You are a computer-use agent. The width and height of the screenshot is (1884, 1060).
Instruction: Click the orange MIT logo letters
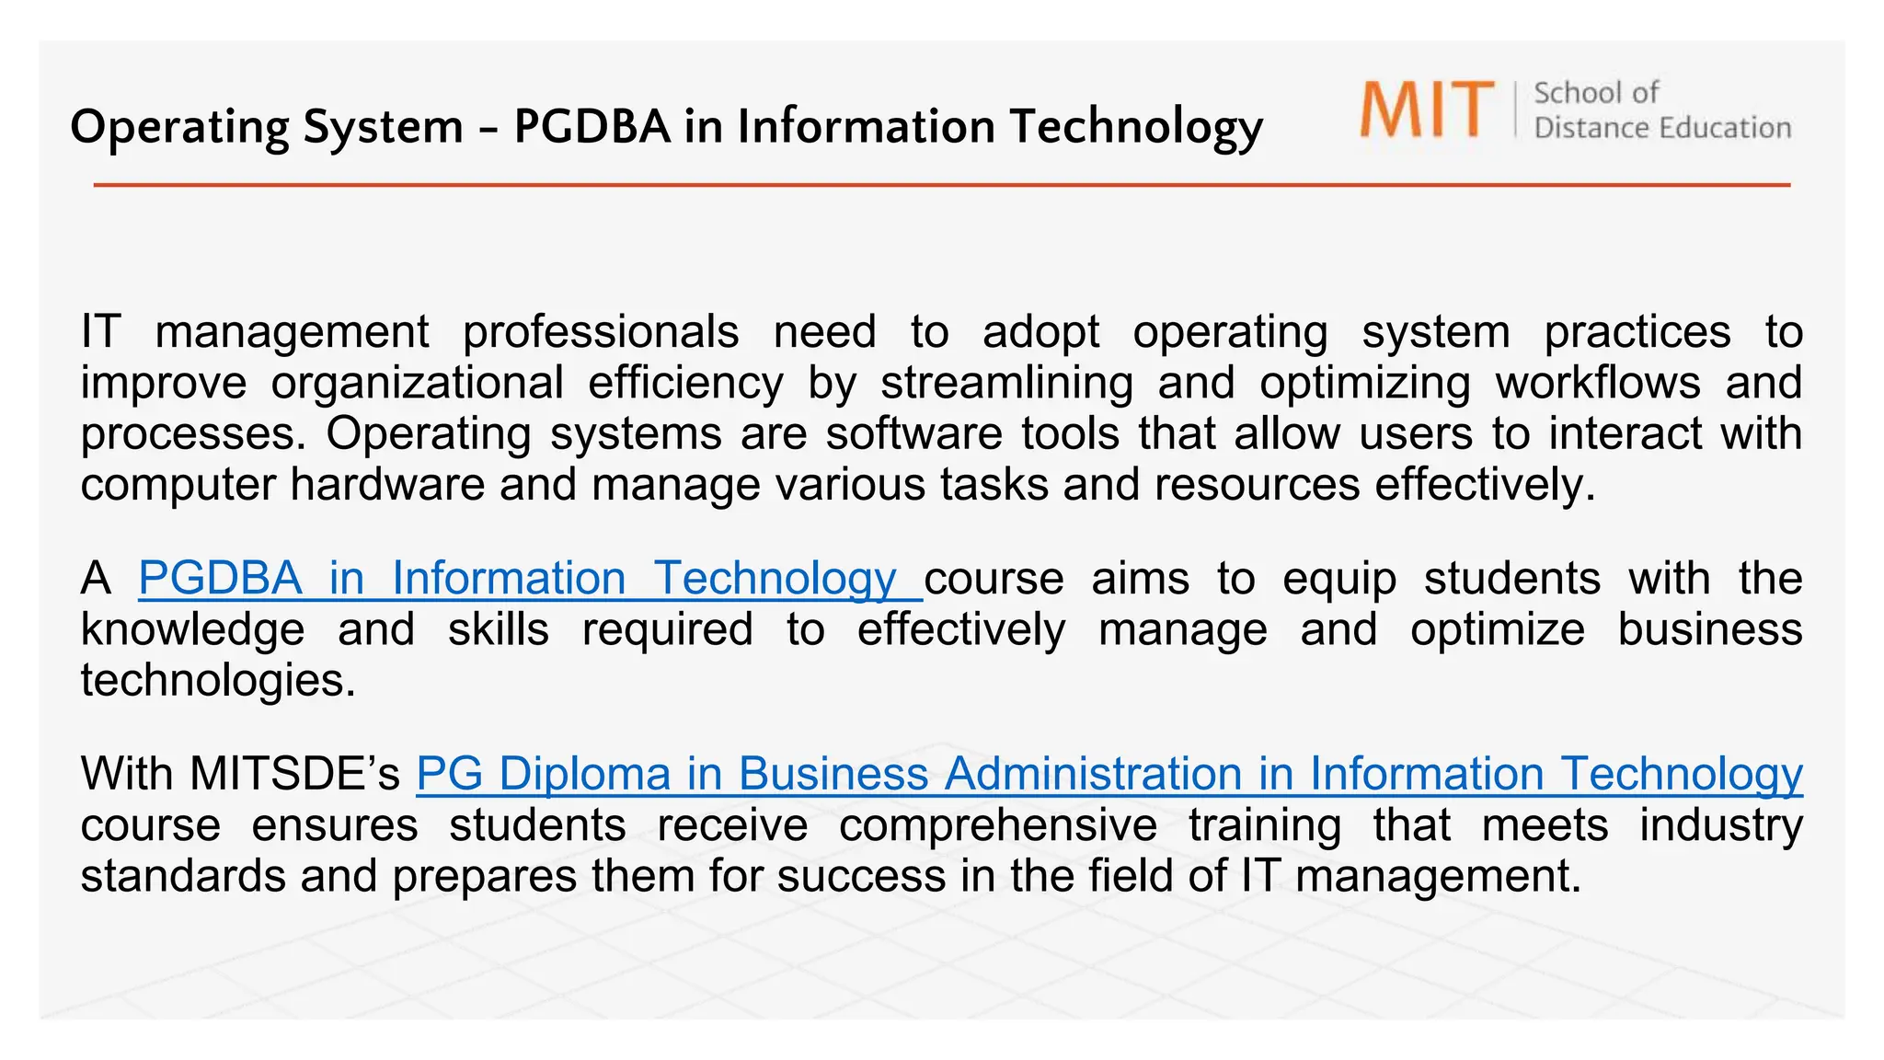point(1427,109)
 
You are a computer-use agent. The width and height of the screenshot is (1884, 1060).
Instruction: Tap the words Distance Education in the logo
point(1662,128)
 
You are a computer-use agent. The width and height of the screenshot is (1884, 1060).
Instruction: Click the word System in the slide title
point(383,126)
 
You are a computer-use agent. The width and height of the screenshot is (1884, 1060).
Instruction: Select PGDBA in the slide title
point(592,126)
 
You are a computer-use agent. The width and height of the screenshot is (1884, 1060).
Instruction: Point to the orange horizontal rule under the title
point(941,185)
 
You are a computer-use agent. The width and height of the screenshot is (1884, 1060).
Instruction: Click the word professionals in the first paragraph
point(601,331)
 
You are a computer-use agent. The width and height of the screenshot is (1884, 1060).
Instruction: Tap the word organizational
point(417,383)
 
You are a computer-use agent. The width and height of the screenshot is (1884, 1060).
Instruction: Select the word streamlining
point(1006,383)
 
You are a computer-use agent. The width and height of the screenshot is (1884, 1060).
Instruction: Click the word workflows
point(1598,383)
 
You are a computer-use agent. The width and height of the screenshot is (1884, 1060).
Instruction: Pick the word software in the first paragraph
point(913,433)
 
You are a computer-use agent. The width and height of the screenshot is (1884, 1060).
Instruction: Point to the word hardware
point(387,484)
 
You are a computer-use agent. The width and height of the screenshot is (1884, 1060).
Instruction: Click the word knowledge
point(192,630)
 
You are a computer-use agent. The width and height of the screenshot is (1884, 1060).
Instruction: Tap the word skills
point(499,630)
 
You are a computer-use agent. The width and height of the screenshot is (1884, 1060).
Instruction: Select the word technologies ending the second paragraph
point(217,681)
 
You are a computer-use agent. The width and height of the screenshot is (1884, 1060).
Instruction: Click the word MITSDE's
point(294,774)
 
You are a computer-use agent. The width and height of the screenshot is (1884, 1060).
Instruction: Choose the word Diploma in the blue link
point(585,774)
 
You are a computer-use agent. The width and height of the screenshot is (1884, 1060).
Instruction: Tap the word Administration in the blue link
point(1093,774)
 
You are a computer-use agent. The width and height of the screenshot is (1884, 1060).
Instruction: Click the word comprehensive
point(998,825)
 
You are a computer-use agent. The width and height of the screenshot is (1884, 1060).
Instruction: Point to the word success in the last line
point(861,876)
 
